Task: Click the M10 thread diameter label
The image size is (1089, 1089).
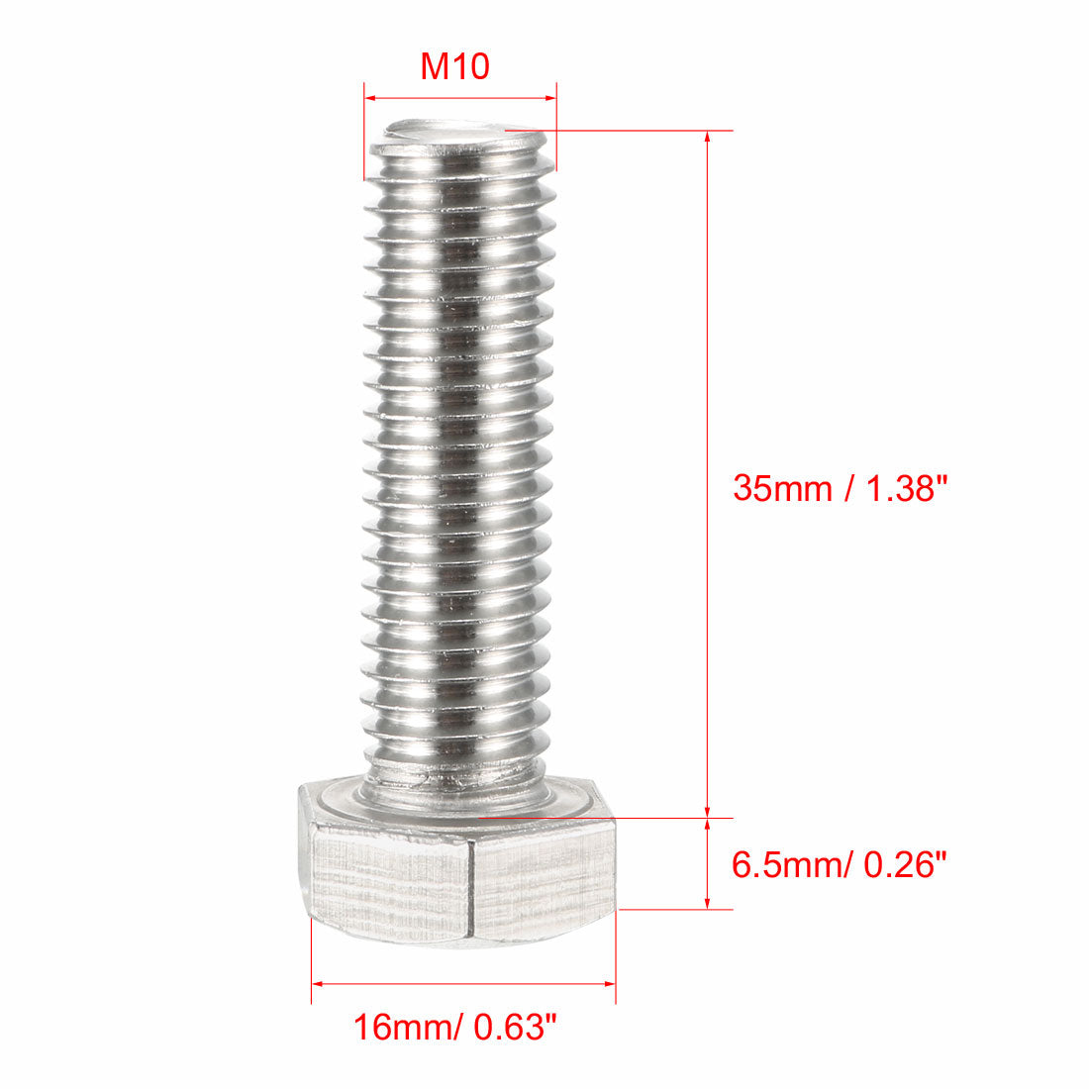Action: pyautogui.click(x=455, y=67)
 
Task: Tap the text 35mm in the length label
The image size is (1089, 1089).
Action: pyautogui.click(x=781, y=488)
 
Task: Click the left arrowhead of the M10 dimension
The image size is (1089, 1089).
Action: pyautogui.click(x=370, y=98)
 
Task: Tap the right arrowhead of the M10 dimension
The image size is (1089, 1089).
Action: pyautogui.click(x=550, y=98)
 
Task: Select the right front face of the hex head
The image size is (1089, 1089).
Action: pyautogui.click(x=543, y=876)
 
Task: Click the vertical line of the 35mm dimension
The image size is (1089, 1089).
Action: pyautogui.click(x=707, y=396)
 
